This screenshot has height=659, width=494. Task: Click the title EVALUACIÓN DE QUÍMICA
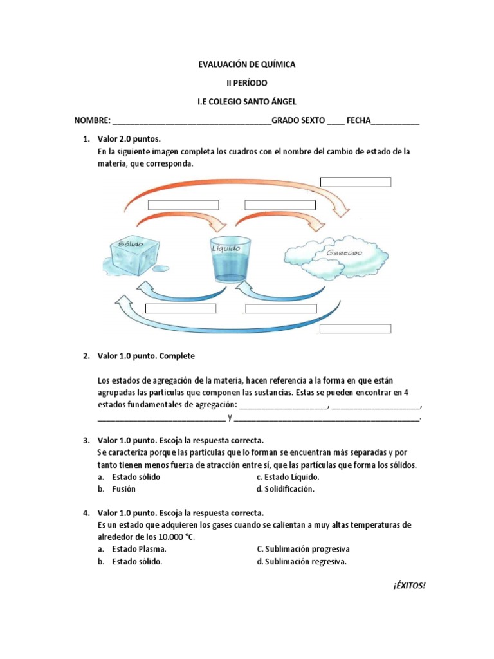coord(246,64)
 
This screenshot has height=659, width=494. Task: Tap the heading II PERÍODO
coord(246,83)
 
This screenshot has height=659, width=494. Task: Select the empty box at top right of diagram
coord(356,181)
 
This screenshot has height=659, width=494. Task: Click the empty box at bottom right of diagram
coord(356,329)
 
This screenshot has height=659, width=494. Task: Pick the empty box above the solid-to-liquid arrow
coord(183,205)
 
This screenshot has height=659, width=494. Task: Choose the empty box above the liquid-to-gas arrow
coord(280,205)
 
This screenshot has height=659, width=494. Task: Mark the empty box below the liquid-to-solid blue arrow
coord(181,308)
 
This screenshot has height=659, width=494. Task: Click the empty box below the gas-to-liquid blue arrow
coord(281,308)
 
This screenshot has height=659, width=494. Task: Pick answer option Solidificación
coord(289,489)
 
